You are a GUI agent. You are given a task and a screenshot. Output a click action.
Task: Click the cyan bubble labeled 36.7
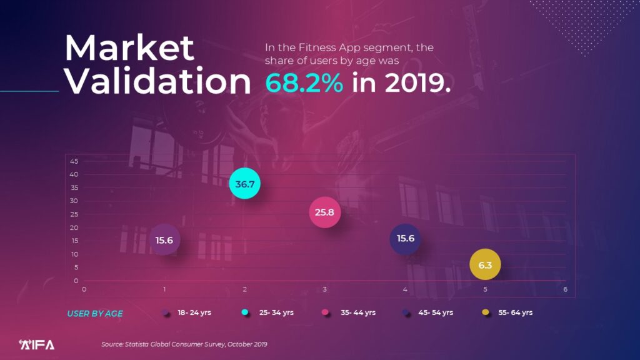click(x=244, y=184)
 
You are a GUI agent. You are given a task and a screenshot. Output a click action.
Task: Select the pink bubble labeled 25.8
click(x=324, y=212)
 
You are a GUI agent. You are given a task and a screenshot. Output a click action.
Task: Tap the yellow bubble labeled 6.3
click(x=485, y=265)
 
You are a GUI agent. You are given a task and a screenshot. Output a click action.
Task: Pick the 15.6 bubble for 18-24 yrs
click(x=164, y=240)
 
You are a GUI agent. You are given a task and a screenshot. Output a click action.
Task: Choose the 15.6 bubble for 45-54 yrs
click(x=406, y=238)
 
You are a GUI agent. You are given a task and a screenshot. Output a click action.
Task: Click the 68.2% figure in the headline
click(x=304, y=82)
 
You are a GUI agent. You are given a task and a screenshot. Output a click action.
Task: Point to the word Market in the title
click(x=130, y=47)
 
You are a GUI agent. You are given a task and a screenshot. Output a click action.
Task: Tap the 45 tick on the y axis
click(x=74, y=161)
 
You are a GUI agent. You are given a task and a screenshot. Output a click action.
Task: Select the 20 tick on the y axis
click(x=74, y=227)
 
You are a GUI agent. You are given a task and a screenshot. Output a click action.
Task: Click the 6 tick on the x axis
click(x=565, y=289)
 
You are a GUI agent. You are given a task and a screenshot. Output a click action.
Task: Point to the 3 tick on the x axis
click(x=325, y=289)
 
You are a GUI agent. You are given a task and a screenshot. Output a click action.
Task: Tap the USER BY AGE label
click(x=95, y=314)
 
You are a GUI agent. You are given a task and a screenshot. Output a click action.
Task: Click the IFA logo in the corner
click(x=37, y=344)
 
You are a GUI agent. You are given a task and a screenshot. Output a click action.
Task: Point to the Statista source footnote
click(x=184, y=344)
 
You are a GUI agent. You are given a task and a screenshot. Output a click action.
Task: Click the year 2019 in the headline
click(x=416, y=82)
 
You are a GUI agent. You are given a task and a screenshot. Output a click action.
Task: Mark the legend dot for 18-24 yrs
click(x=166, y=312)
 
